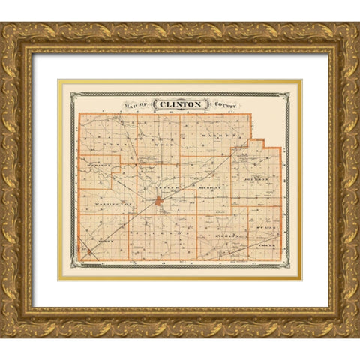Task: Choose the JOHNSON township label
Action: (x=256, y=180)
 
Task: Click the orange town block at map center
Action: (x=160, y=201)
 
